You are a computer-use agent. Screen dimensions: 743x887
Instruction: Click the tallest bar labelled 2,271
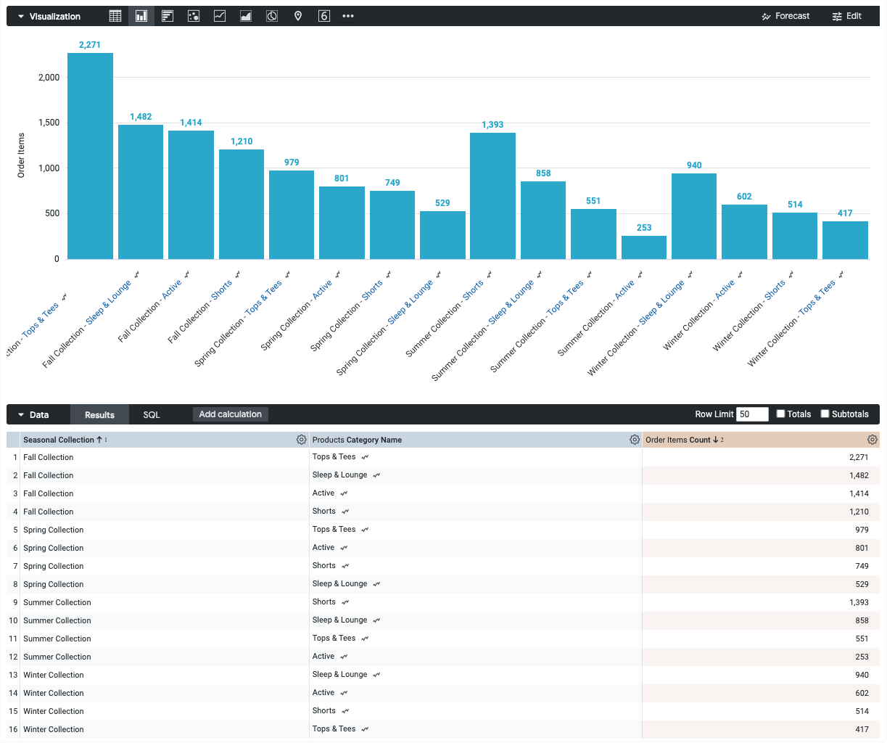(90, 156)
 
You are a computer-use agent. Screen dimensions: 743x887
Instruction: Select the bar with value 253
(644, 247)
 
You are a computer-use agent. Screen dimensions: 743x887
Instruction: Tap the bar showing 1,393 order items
(492, 196)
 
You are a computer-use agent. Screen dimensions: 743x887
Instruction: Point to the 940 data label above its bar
(694, 165)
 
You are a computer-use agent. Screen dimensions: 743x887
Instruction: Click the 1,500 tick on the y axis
(49, 123)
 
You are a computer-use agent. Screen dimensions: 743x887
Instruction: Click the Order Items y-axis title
(21, 155)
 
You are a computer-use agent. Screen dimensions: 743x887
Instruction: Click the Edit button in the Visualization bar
(847, 16)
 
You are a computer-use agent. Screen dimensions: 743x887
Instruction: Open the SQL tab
(151, 415)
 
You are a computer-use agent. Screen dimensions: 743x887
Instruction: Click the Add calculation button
(230, 414)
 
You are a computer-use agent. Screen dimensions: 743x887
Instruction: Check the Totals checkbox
(781, 414)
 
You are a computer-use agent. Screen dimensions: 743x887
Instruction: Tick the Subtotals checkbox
(825, 414)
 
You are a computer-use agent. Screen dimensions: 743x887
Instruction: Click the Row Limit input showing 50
(752, 414)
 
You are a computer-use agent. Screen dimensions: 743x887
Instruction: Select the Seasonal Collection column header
(59, 440)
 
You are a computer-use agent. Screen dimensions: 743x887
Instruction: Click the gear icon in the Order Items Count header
(872, 440)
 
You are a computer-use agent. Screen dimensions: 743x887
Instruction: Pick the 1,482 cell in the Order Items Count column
(859, 475)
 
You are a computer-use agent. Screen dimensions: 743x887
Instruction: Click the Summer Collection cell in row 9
(57, 602)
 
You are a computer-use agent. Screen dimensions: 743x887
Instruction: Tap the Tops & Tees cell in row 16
(334, 729)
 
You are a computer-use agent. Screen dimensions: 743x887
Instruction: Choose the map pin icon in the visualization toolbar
(298, 16)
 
